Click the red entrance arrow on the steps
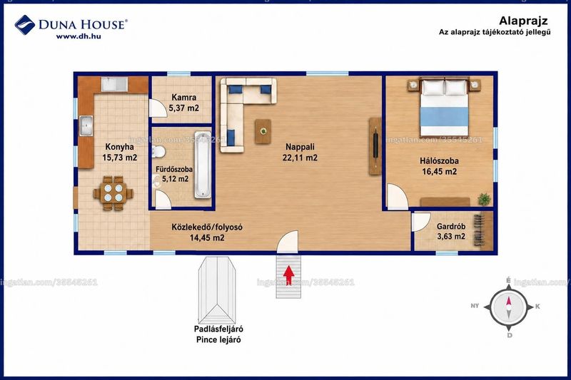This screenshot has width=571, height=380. (x=289, y=275)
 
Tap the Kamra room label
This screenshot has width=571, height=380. (x=184, y=97)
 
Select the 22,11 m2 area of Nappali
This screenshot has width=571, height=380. (x=300, y=158)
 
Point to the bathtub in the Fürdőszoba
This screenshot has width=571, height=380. (x=203, y=165)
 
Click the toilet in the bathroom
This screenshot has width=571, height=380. (x=158, y=151)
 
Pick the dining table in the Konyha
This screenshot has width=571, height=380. (x=113, y=192)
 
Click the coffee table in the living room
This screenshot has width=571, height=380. (x=263, y=131)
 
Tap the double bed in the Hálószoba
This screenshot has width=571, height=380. (x=444, y=107)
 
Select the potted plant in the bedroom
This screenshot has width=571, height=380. (x=484, y=199)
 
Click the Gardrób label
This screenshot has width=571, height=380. (x=451, y=226)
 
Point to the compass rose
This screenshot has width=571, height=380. (x=508, y=307)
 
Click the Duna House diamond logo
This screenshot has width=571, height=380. (x=25, y=25)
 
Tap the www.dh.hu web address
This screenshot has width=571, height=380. (x=79, y=36)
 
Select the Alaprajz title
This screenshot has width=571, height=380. (x=523, y=21)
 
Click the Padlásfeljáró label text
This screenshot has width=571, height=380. (x=218, y=329)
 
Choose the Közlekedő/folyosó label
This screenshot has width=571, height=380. (x=207, y=227)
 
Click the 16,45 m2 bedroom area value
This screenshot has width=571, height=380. (x=439, y=171)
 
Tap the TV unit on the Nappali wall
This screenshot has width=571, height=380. (x=375, y=146)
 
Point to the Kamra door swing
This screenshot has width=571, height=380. (x=156, y=108)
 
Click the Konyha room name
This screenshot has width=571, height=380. (x=119, y=147)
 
